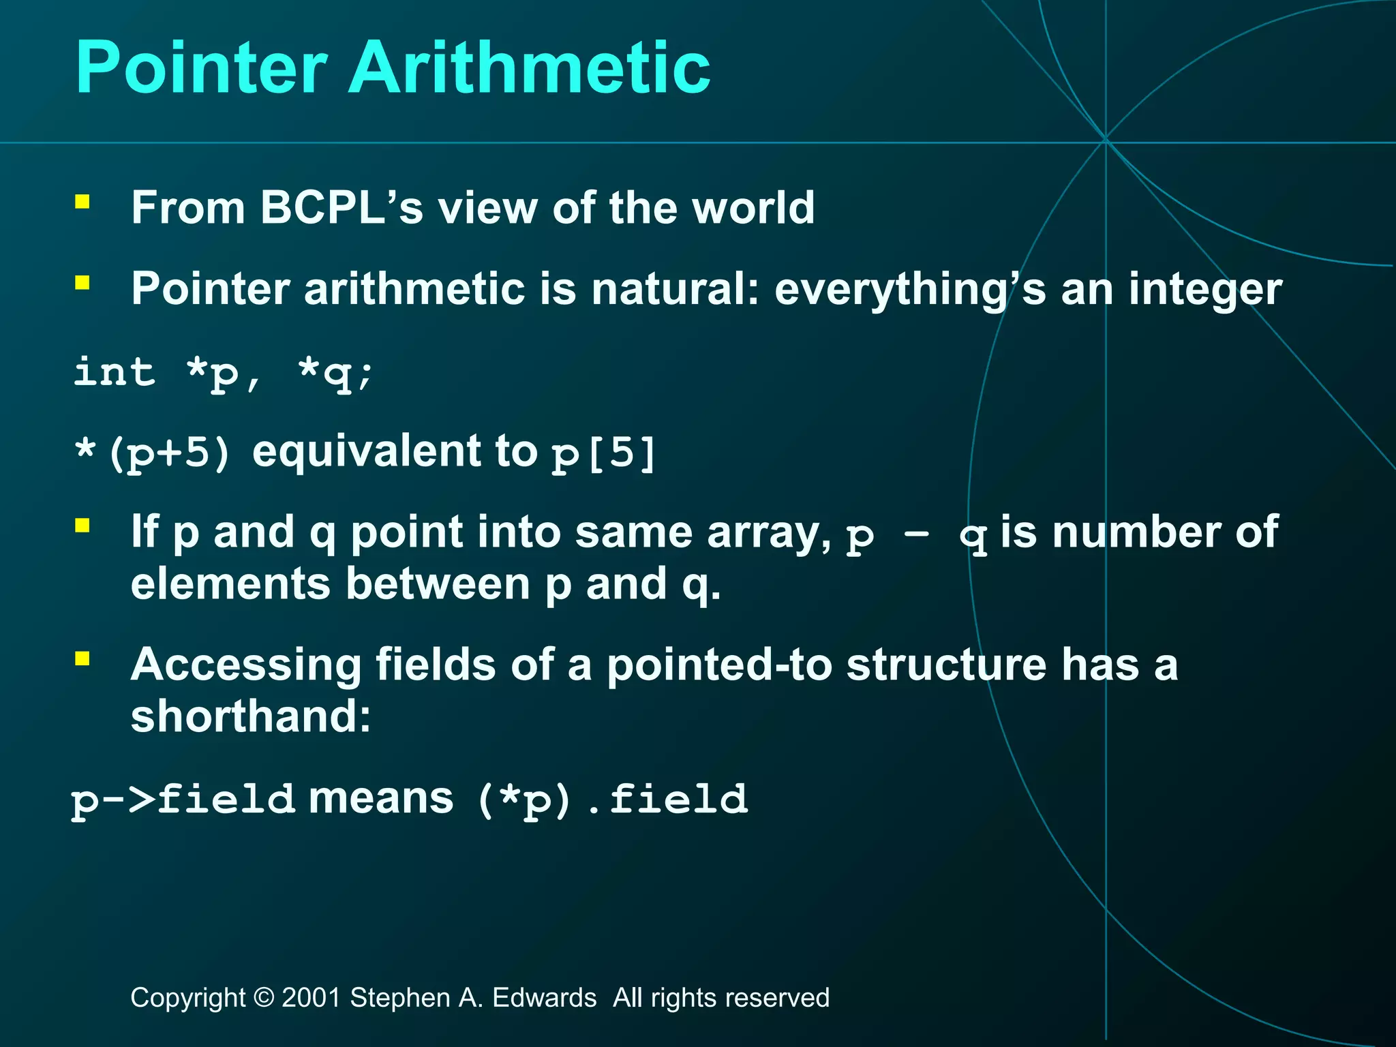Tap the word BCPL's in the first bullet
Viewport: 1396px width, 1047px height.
(341, 207)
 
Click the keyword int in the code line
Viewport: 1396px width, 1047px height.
(115, 373)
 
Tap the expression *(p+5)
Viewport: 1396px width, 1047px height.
(153, 453)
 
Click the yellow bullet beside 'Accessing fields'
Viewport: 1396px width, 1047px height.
(82, 658)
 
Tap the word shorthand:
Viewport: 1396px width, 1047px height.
(251, 717)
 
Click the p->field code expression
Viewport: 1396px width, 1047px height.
(183, 800)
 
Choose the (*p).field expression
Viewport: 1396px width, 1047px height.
(611, 800)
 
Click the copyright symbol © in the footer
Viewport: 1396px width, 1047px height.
(263, 998)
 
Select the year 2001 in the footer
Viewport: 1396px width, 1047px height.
(311, 998)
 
